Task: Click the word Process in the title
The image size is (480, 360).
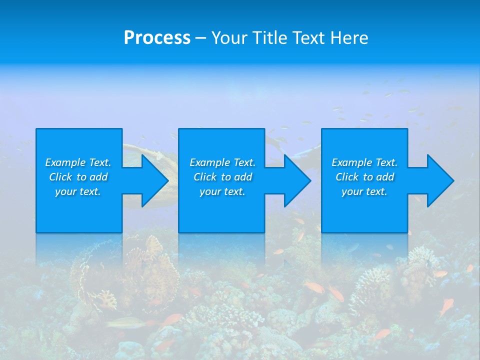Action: coord(157,38)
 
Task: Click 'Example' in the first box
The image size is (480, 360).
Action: coord(65,162)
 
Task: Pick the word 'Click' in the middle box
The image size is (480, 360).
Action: coord(205,177)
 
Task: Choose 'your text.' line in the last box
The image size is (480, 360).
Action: coord(364,191)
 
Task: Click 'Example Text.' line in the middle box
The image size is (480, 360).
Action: coord(222,162)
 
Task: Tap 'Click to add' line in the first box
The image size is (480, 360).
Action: coord(78,177)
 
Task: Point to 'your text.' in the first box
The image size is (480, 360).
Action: coord(78,191)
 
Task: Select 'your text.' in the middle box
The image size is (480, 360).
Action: coord(222,191)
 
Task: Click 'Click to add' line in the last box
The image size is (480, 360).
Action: coord(365,177)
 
